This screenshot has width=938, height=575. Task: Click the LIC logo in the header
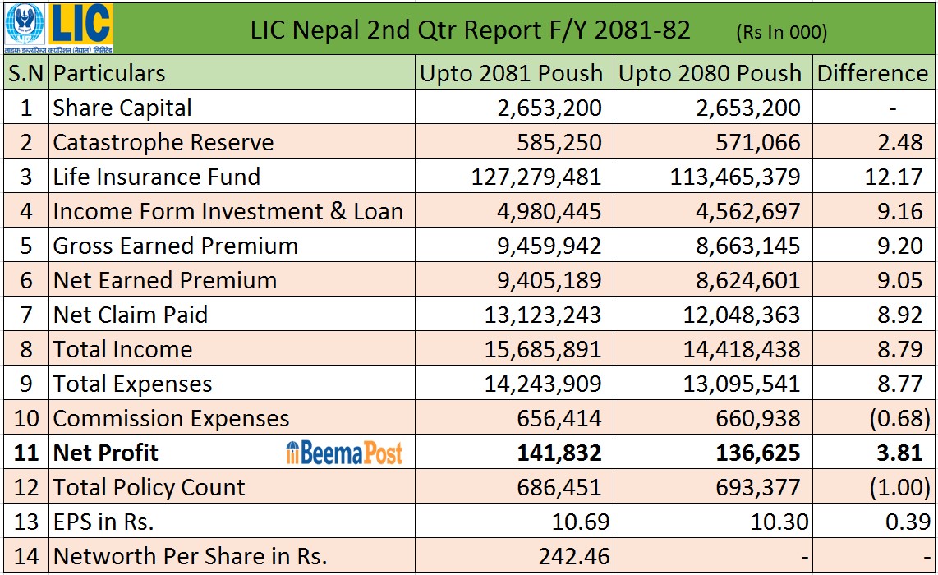click(57, 27)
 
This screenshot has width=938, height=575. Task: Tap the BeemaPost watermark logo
click(344, 453)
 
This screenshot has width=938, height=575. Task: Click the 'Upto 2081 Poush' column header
click(511, 73)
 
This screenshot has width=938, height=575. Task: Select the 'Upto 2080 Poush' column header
click(710, 73)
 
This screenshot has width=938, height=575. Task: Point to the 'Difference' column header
click(872, 73)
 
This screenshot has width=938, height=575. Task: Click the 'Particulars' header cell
click(109, 73)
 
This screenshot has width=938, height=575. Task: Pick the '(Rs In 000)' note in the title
click(781, 32)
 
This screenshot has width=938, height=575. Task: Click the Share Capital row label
click(122, 108)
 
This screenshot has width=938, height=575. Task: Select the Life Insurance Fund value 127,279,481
click(536, 177)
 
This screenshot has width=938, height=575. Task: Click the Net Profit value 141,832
click(559, 453)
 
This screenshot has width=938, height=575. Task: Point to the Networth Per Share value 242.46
click(574, 556)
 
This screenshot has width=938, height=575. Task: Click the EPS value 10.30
click(777, 522)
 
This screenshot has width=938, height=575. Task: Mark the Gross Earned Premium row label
click(175, 246)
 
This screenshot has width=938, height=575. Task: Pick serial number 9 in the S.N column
click(26, 384)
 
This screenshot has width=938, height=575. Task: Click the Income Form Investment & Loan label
click(228, 211)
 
